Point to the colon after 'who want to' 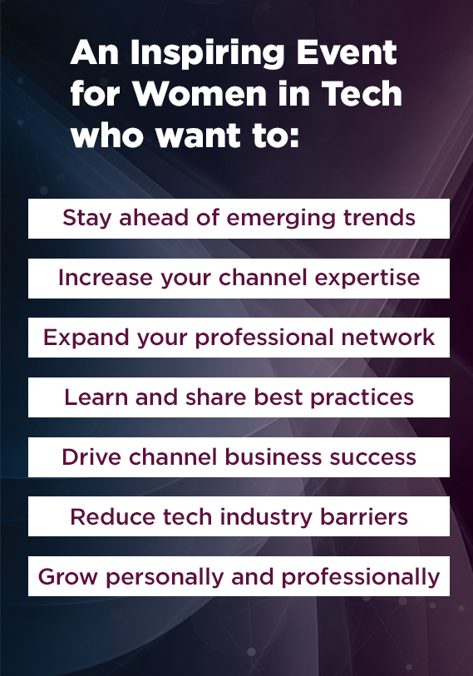[294, 136]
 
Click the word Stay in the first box [87, 218]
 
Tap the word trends [379, 217]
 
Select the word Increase [106, 277]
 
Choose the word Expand [86, 338]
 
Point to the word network [388, 337]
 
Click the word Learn [96, 397]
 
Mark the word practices [362, 398]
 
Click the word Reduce [112, 517]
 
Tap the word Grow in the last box [67, 577]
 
